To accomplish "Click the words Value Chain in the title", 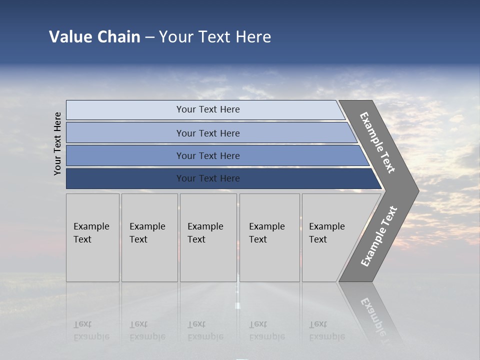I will pos(94,37).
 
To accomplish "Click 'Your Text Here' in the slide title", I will pos(215,37).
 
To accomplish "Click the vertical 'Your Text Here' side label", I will pos(57,143).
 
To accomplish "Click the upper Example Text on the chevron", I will pos(377,142).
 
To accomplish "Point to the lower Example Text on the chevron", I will pos(378,236).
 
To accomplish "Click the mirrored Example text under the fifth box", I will pos(326,330).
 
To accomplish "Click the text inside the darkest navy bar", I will pos(208,178).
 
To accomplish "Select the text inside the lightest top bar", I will pos(208,109).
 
